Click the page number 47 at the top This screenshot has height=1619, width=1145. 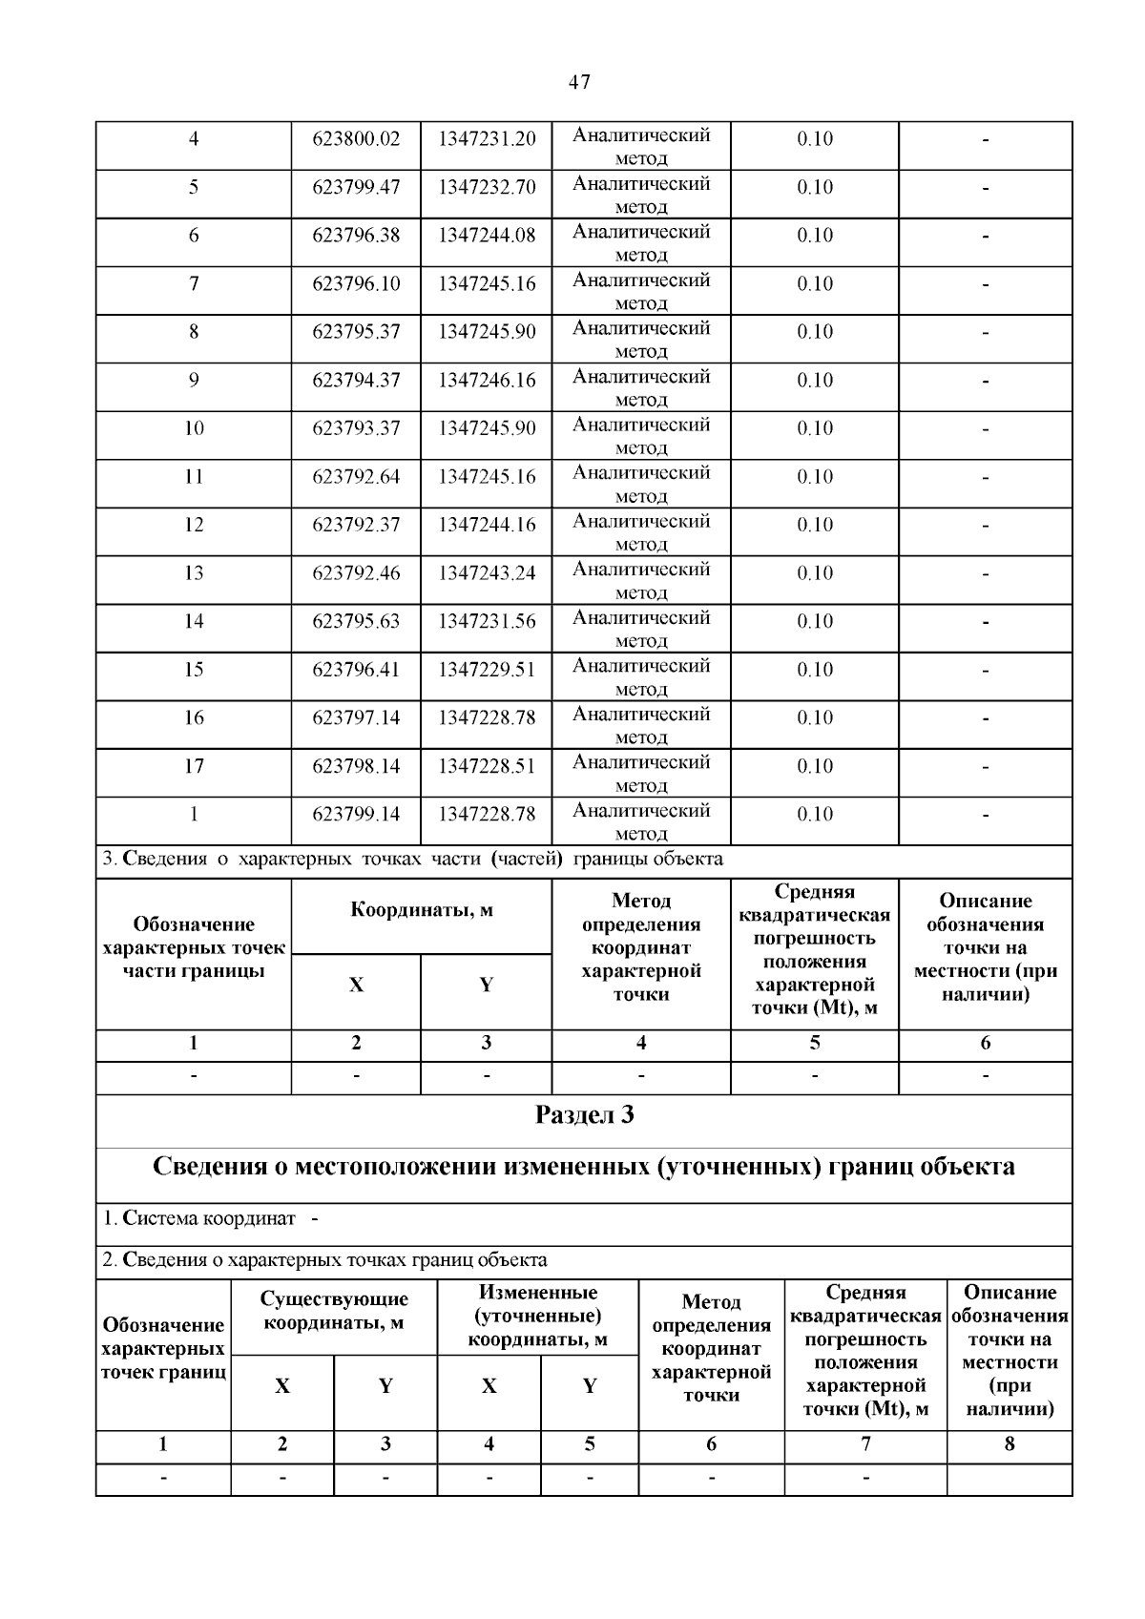pos(579,82)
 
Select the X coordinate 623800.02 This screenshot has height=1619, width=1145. pos(356,139)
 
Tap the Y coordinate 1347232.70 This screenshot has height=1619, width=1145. pos(487,187)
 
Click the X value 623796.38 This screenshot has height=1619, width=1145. pos(356,236)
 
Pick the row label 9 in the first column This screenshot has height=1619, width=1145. pos(194,381)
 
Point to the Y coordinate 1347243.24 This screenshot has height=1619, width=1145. pos(487,573)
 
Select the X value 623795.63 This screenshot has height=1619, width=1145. pos(356,622)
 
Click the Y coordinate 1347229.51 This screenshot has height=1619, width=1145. pos(487,670)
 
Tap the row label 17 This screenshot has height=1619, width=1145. pos(194,766)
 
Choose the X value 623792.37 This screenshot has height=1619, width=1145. pos(356,525)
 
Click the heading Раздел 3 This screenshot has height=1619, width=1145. pos(584,1115)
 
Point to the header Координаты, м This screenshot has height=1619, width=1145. pos(422,910)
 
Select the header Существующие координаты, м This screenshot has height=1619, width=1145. pos(334,1311)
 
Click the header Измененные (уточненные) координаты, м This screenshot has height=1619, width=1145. pos(538,1317)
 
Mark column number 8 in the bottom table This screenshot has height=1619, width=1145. pos(1010,1444)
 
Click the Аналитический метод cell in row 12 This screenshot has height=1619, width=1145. pos(641,532)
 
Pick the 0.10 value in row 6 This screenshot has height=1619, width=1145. pos(815,236)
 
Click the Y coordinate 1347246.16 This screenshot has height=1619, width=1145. pos(487,381)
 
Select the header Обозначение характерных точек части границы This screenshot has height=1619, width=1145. pos(194,947)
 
